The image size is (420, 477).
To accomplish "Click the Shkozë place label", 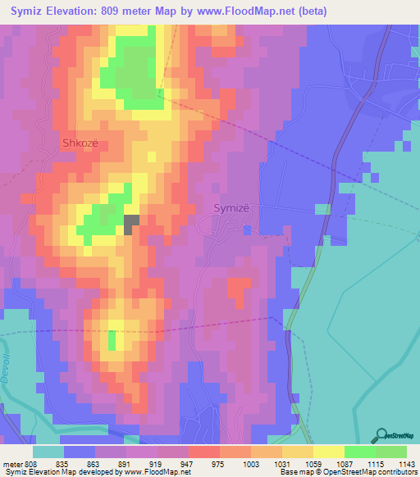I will [81, 143].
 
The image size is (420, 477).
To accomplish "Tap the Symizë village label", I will [236, 208].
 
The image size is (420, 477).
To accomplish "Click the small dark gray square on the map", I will [131, 225].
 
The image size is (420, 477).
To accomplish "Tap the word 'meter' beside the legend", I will [11, 463].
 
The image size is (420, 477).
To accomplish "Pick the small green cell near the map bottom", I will [112, 339].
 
